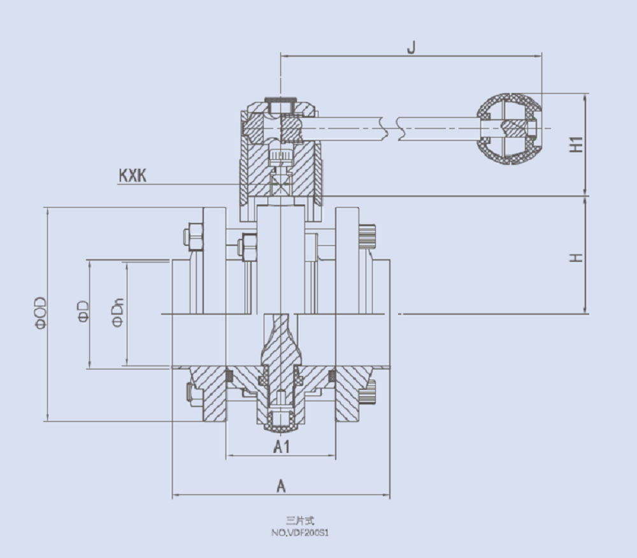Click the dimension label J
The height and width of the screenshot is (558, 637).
point(411,47)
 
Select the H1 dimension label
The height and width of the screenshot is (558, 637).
point(576,144)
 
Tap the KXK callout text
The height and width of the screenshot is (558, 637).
point(132,175)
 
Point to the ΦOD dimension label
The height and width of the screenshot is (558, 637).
point(40,313)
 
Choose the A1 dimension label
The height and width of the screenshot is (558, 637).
point(282,447)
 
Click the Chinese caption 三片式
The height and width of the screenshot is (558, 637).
point(299,521)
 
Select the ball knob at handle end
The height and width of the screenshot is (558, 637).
point(510,130)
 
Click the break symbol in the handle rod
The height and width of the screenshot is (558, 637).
point(392,127)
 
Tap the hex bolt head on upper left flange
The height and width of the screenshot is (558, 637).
point(192,236)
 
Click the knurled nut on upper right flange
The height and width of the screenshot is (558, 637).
point(367,237)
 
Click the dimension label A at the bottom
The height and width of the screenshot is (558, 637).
point(281,486)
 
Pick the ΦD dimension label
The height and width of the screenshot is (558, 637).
point(83,313)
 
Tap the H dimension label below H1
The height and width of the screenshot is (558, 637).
point(576,257)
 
